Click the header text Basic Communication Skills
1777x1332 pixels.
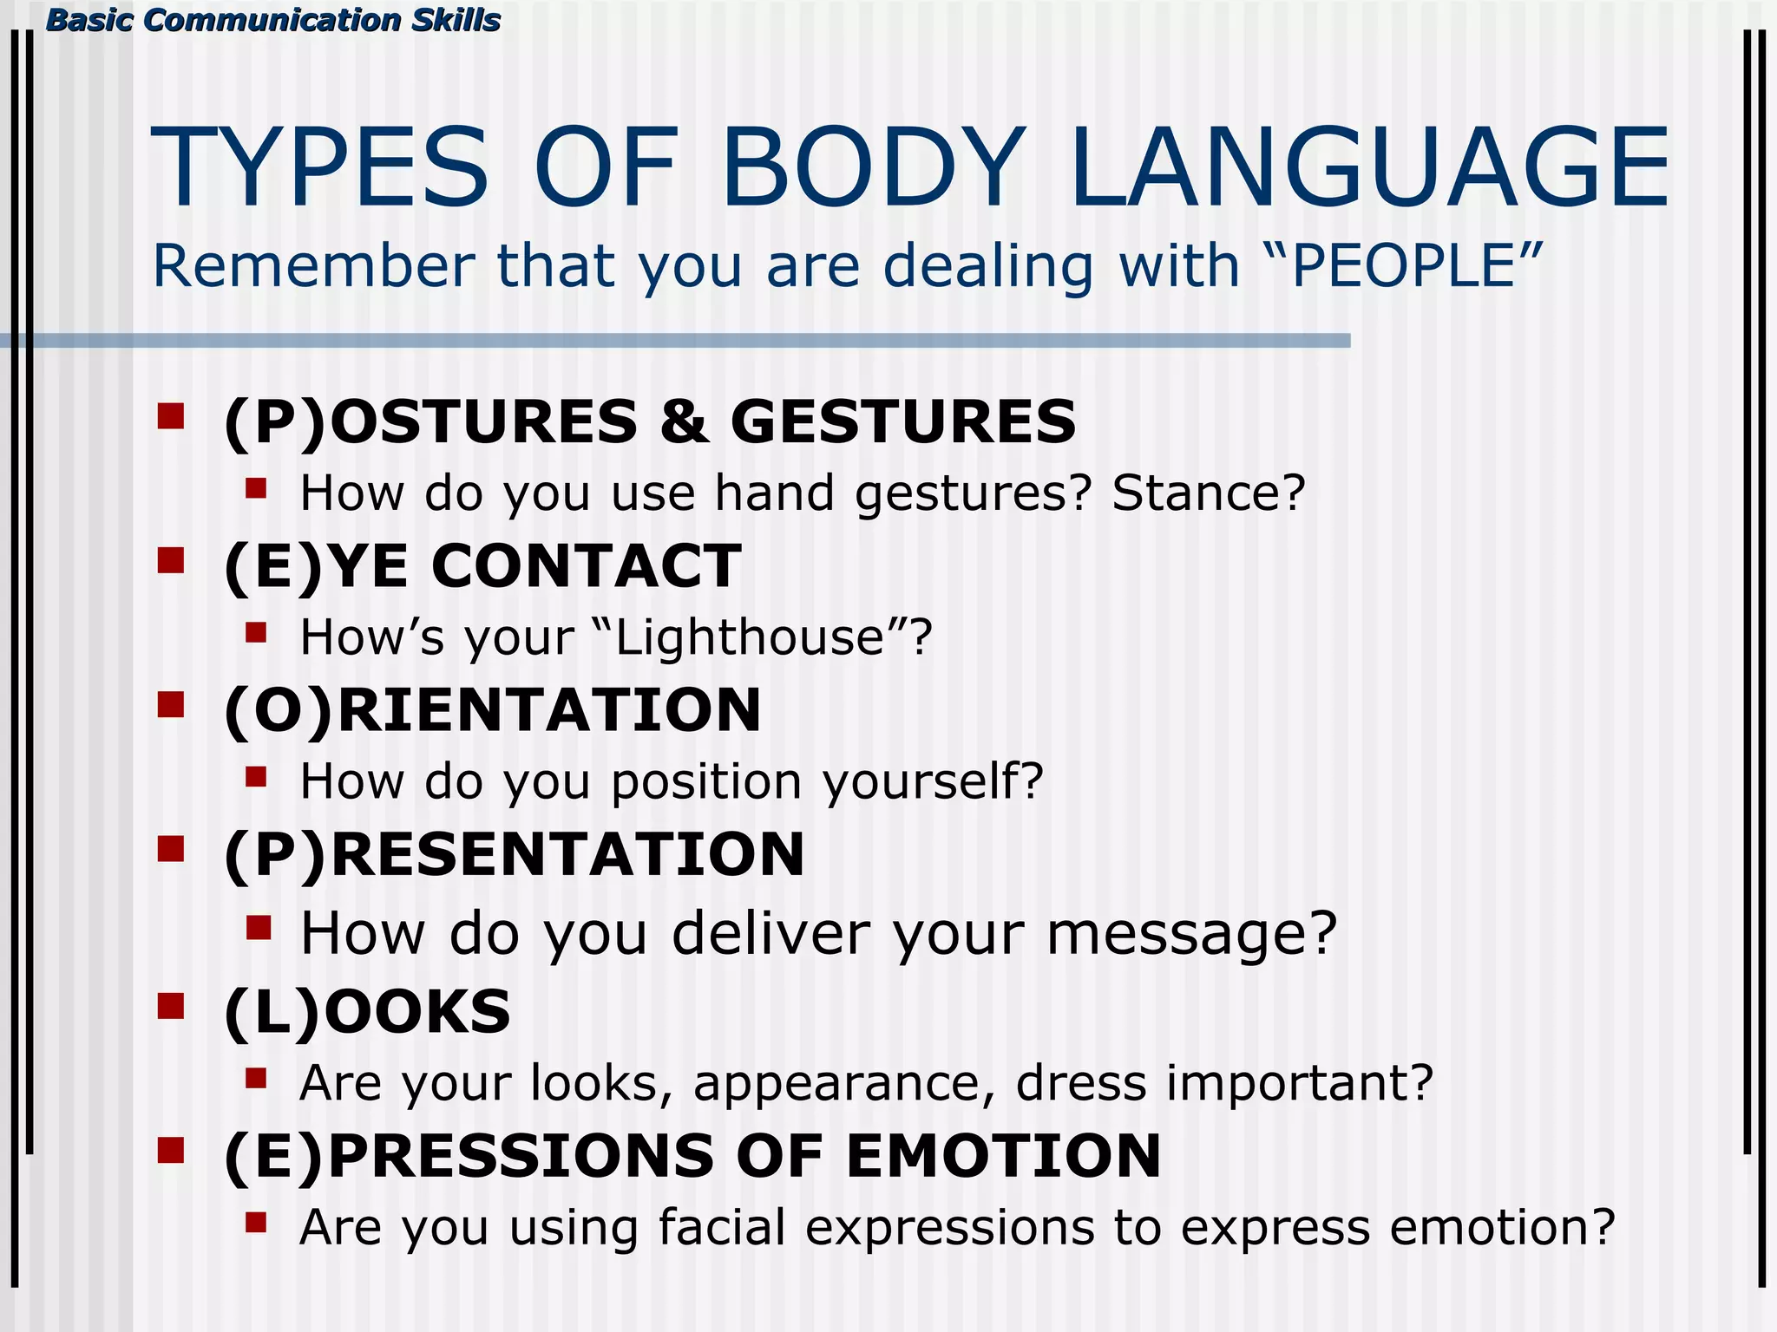[272, 20]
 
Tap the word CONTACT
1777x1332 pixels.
[586, 566]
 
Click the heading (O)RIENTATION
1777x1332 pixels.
[492, 710]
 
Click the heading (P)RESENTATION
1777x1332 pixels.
[514, 854]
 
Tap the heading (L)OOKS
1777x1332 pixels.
[367, 1012]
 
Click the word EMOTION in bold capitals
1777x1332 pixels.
[1003, 1156]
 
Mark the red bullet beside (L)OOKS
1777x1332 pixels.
[171, 1006]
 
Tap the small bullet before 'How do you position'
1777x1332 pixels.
[255, 776]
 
